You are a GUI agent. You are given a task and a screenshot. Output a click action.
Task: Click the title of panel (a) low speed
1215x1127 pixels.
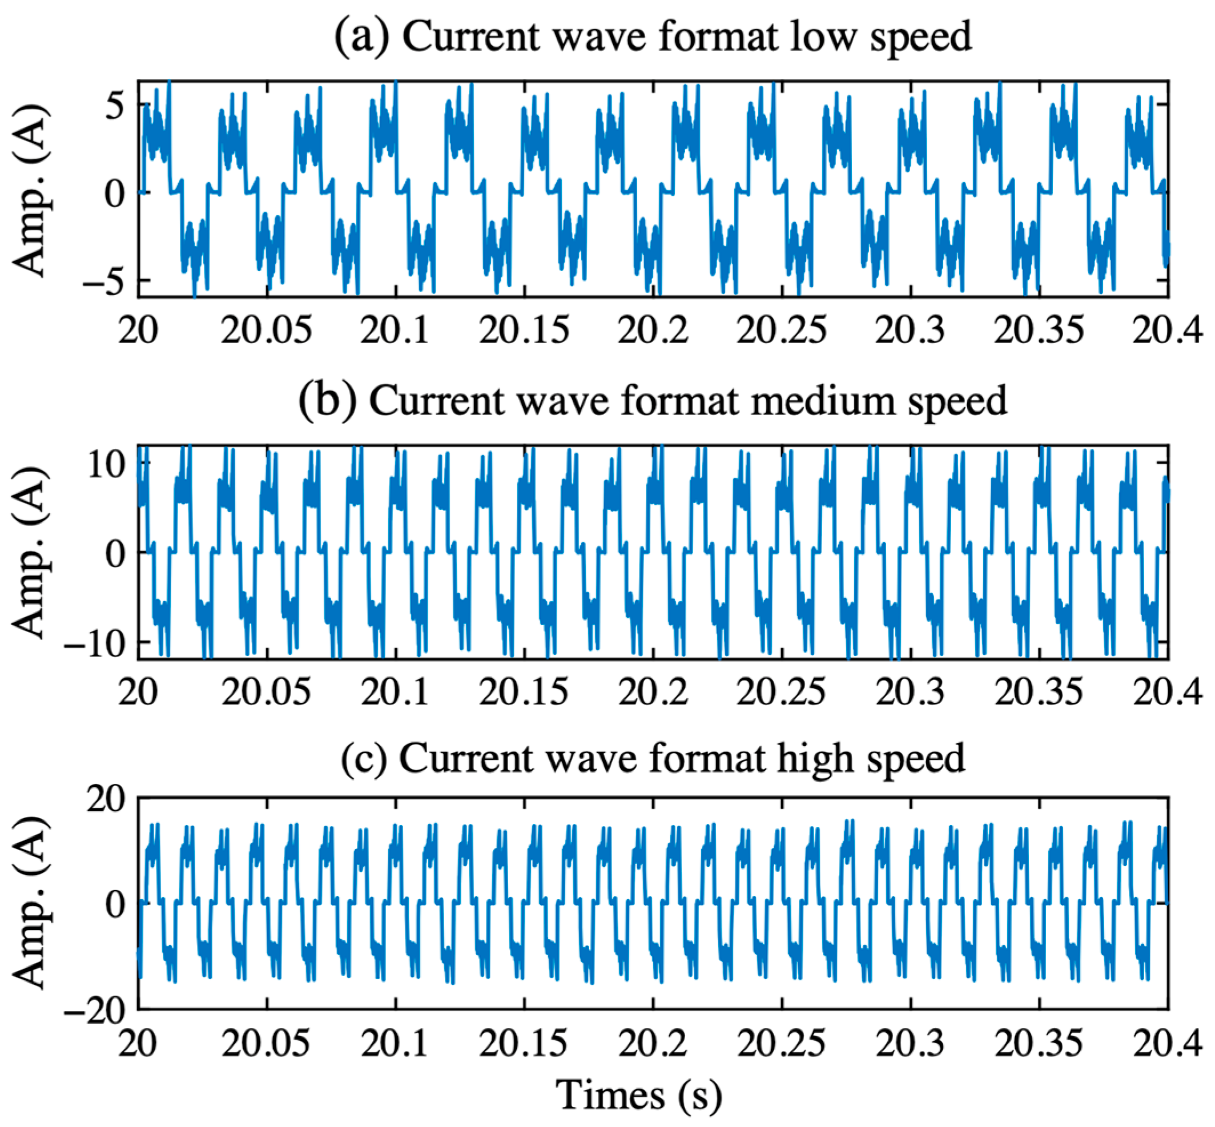653,37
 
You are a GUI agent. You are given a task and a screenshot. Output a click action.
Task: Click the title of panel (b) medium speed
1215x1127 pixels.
653,401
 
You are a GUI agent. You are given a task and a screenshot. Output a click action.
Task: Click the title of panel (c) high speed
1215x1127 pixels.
653,758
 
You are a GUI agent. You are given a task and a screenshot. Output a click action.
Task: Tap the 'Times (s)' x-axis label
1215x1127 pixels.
638,1094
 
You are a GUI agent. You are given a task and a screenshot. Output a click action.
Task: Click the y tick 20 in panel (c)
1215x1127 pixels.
106,799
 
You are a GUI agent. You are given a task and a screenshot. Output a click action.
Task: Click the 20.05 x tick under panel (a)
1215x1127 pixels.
266,331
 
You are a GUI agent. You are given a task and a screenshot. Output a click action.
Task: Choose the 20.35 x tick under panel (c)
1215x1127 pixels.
1039,1043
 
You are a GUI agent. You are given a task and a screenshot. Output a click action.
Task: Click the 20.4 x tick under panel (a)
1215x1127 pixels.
1167,331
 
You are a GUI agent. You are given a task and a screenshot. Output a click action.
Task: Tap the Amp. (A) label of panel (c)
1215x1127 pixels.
30,903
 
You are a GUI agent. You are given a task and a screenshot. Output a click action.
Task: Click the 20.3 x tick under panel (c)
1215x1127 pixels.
910,1043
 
